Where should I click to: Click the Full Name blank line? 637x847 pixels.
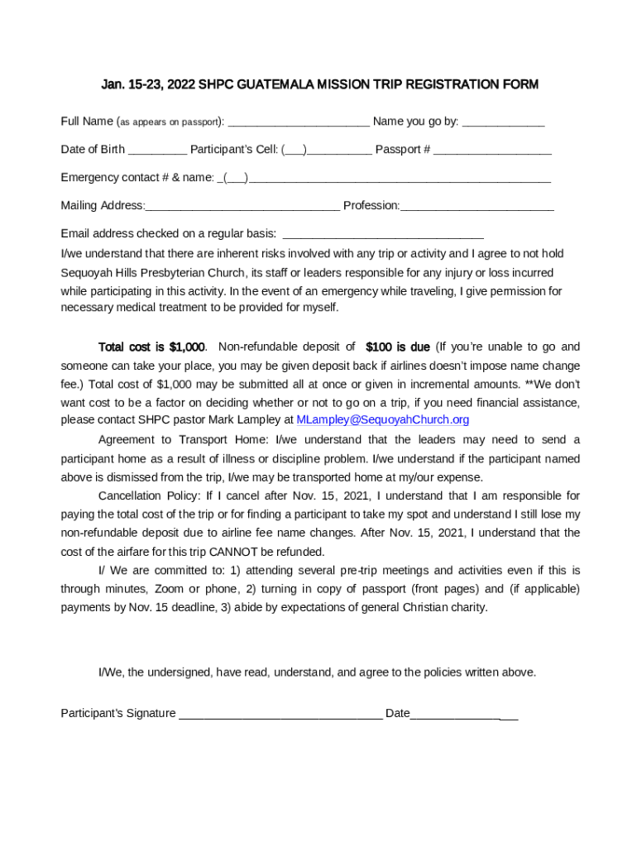tap(298, 123)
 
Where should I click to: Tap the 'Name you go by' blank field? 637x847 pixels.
tap(503, 123)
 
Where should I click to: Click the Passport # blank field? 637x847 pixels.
tap(492, 151)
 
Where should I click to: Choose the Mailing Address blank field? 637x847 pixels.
tap(242, 207)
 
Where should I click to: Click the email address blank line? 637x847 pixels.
tap(382, 235)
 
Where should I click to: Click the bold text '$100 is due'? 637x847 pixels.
tap(397, 347)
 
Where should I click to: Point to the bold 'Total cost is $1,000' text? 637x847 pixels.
tap(151, 347)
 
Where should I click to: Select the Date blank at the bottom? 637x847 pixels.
tap(463, 715)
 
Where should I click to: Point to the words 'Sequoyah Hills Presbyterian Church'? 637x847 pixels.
tap(153, 273)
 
